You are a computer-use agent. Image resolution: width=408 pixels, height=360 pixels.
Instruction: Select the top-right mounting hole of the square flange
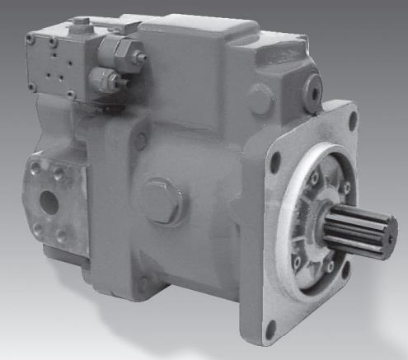click(x=354, y=117)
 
